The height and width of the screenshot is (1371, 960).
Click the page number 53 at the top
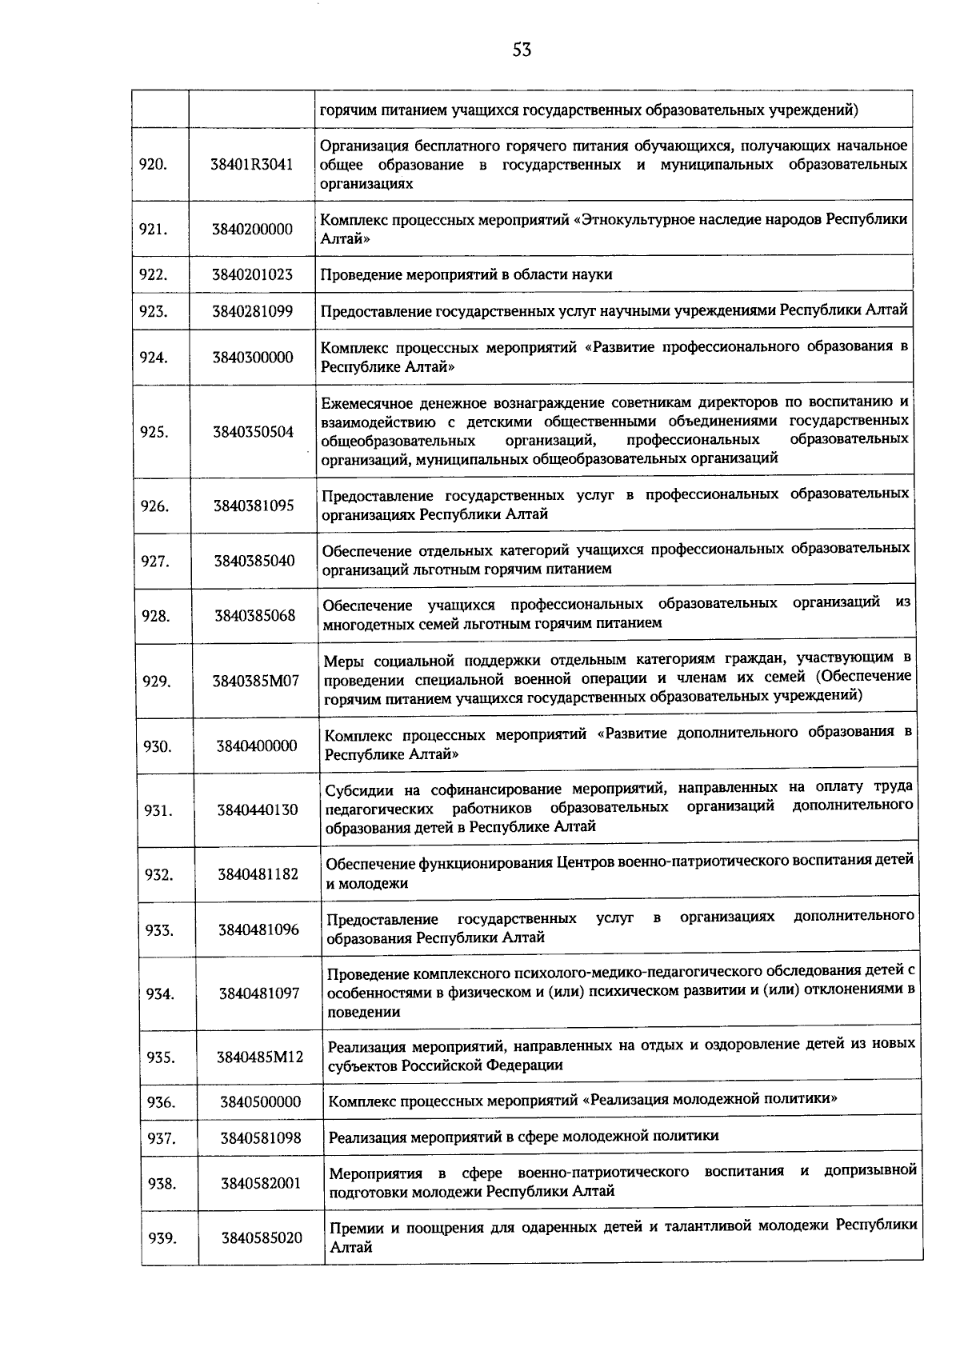522,50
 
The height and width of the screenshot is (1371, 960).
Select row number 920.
153,164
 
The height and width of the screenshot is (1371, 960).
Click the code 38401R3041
252,164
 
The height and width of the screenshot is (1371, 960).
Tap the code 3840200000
252,229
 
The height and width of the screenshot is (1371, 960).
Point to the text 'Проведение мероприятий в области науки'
466,274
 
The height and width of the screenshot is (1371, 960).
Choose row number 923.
154,311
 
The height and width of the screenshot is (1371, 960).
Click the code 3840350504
254,432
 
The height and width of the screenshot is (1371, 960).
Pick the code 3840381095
254,506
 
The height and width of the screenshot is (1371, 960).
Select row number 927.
155,561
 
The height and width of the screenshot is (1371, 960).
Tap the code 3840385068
254,615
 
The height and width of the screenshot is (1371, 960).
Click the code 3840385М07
255,681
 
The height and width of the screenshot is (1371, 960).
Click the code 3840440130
257,810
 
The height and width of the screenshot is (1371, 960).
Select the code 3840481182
258,874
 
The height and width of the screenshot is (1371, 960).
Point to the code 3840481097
259,993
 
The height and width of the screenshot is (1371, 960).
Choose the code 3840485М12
260,1057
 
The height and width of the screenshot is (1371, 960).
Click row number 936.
161,1102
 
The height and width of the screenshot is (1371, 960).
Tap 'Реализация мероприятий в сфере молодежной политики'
524,1136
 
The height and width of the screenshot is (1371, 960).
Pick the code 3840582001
262,1182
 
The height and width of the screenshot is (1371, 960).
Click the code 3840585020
262,1238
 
